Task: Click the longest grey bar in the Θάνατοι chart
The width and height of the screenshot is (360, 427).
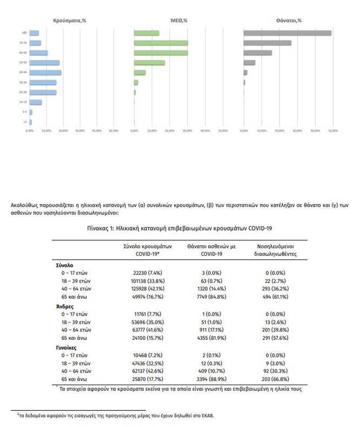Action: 287,33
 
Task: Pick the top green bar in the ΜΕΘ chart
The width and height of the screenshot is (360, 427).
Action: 146,33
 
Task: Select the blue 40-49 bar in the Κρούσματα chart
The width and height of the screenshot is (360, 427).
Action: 45,72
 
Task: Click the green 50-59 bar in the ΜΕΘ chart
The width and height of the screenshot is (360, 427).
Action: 150,62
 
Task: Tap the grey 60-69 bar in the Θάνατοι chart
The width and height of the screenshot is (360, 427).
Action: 258,53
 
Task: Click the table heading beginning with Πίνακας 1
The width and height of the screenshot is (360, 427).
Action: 179,229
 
